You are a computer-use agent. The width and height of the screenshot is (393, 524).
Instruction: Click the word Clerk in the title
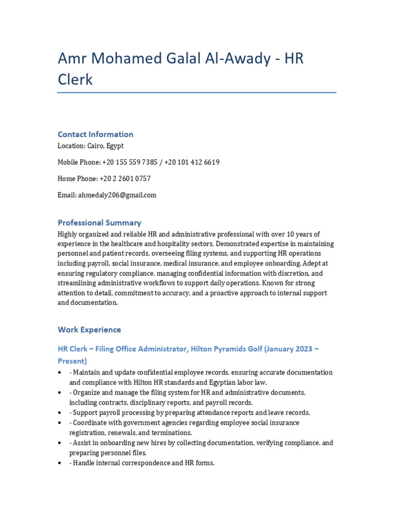pos(75,80)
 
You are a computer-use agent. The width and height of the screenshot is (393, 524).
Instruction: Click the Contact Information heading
pos(95,134)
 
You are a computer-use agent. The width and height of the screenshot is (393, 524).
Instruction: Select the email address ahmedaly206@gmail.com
pos(117,195)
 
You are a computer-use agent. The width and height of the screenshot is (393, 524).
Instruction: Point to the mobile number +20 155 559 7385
pos(130,162)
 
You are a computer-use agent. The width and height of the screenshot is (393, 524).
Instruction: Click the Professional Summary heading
pos(99,223)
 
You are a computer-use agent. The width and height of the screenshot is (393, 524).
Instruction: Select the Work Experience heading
pos(89,330)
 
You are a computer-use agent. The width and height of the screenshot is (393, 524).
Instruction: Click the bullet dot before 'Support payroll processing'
pos(60,413)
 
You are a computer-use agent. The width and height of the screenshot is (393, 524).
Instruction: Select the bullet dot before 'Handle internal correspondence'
pos(60,463)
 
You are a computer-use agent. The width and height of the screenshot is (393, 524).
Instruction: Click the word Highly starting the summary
pos(68,234)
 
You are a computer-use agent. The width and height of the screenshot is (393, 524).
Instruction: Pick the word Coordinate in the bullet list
pos(90,423)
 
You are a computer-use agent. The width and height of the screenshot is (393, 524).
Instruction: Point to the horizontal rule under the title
pos(196,93)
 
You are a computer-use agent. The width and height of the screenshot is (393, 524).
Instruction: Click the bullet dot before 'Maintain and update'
pos(60,373)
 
